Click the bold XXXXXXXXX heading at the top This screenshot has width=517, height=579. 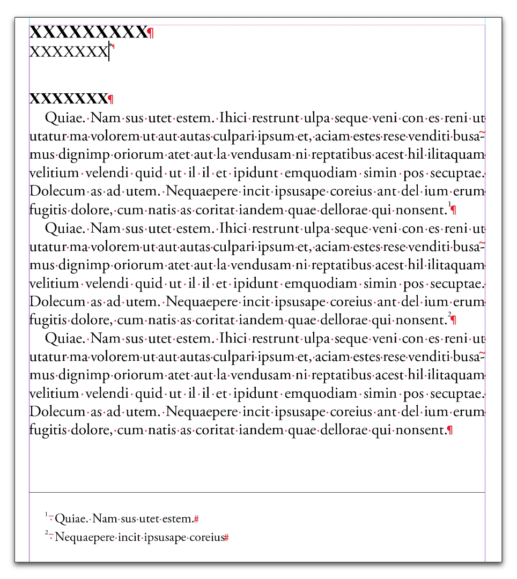tap(87, 33)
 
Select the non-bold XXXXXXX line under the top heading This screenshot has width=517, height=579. tap(69, 52)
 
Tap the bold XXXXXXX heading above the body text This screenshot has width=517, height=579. tap(69, 99)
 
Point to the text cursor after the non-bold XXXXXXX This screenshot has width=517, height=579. tap(109, 52)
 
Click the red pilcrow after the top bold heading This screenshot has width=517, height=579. tap(151, 34)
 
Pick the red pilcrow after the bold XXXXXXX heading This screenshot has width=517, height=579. tap(111, 99)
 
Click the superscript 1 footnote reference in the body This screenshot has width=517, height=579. tap(449, 204)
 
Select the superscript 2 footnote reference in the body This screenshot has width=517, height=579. tap(449, 314)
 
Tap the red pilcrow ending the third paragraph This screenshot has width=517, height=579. tap(449, 430)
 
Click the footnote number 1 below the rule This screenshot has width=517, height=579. tap(47, 515)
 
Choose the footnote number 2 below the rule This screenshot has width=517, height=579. tap(47, 533)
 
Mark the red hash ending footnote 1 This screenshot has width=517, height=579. tap(197, 519)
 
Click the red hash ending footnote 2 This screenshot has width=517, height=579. tap(226, 537)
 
